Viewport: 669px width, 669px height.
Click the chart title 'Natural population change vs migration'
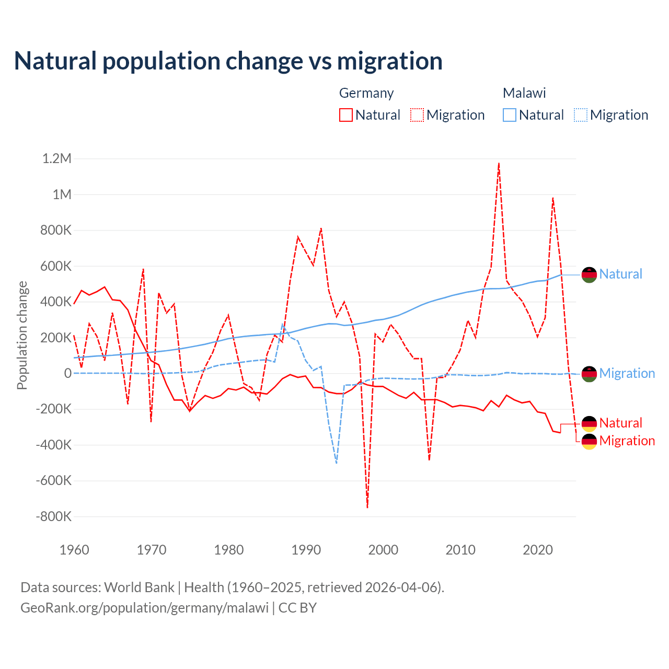click(x=228, y=61)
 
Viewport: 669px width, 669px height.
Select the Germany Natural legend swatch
click(x=345, y=115)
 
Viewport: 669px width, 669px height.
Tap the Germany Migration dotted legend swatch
click(x=417, y=115)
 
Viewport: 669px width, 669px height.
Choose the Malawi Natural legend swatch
click(x=509, y=115)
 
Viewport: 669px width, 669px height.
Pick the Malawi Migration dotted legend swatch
click(x=581, y=115)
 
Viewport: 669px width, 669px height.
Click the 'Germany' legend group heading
click(x=366, y=93)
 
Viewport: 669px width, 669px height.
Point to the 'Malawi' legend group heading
click(x=524, y=93)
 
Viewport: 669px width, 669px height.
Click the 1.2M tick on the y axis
click(x=56, y=159)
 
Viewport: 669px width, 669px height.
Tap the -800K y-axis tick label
click(x=53, y=517)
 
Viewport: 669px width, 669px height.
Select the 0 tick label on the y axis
click(x=67, y=374)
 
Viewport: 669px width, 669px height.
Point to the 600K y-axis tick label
click(x=56, y=267)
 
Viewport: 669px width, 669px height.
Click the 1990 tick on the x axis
click(x=306, y=550)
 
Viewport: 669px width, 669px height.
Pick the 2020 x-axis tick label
click(x=538, y=550)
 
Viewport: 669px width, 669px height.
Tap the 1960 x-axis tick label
click(x=75, y=550)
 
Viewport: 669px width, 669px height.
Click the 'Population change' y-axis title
click(x=22, y=335)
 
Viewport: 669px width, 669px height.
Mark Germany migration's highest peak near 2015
click(x=499, y=164)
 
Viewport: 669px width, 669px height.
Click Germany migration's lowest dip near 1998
click(x=367, y=506)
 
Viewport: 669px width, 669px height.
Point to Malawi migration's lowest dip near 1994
click(x=337, y=463)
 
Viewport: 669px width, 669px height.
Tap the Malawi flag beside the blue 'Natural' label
click(x=589, y=274)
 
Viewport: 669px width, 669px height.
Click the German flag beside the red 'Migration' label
click(x=589, y=441)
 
